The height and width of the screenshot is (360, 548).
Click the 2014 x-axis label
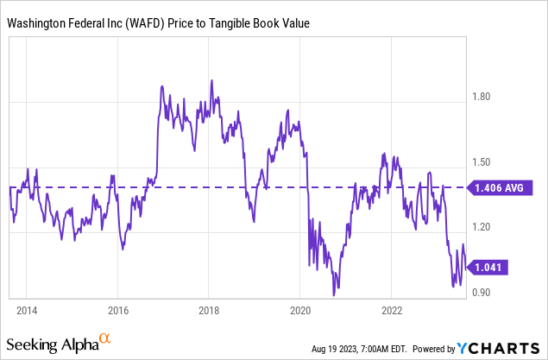[26, 309]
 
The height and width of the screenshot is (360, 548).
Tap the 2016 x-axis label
[117, 309]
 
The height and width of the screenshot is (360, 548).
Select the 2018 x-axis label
[209, 309]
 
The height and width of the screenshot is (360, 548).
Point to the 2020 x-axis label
[300, 309]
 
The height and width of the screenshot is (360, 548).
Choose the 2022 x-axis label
[392, 309]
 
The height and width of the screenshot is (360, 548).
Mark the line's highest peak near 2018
[211, 80]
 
